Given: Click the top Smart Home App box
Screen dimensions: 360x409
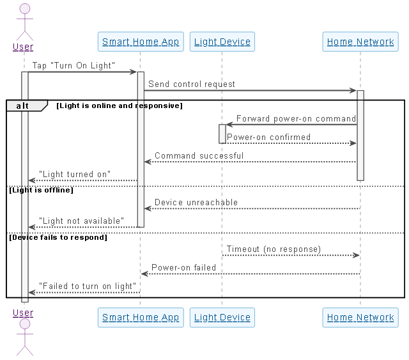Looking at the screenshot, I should [141, 42].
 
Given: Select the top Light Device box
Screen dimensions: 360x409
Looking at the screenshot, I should [222, 42].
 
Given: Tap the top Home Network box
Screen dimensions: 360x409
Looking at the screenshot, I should [360, 42].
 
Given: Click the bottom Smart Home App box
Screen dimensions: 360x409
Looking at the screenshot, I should [141, 317].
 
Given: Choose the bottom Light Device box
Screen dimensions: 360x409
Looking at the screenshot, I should [222, 317].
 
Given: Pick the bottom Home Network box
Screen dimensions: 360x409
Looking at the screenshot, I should [360, 317].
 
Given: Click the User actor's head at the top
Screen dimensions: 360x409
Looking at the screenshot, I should [24, 10].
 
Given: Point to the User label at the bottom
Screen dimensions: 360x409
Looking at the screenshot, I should [24, 313].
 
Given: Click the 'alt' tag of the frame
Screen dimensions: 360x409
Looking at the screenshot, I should [24, 106].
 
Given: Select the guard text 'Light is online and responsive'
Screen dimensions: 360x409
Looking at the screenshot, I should [120, 106].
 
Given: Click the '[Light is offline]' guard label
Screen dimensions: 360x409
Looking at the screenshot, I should [41, 190].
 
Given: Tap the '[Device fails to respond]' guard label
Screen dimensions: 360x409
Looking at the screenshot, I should [58, 237].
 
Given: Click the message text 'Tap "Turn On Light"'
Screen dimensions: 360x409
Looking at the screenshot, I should [73, 65].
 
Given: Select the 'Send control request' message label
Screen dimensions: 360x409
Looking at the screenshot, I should [192, 84].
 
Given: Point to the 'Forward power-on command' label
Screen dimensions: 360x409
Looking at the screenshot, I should [296, 118].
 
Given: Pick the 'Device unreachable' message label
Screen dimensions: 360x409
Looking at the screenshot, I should [196, 202].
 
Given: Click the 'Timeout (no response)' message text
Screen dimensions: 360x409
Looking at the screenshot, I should [274, 249].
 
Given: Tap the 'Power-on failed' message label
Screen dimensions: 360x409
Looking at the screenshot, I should [183, 267].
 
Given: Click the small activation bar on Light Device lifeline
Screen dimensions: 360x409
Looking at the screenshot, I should [222, 134].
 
